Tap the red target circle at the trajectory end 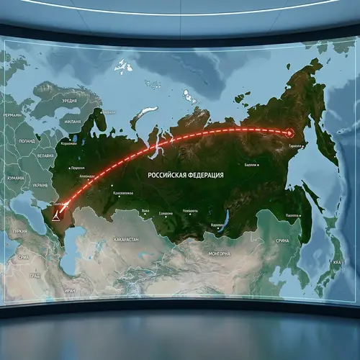click(x=290, y=132)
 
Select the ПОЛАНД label click(x=26, y=142)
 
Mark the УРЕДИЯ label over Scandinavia click(x=69, y=101)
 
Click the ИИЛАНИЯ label click(x=72, y=122)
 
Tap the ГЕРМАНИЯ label click(x=12, y=114)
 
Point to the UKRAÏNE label click(x=40, y=185)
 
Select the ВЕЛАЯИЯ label click(x=25, y=156)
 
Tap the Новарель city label click(x=190, y=212)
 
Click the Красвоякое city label click(x=122, y=194)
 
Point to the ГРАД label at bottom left click(x=35, y=275)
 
